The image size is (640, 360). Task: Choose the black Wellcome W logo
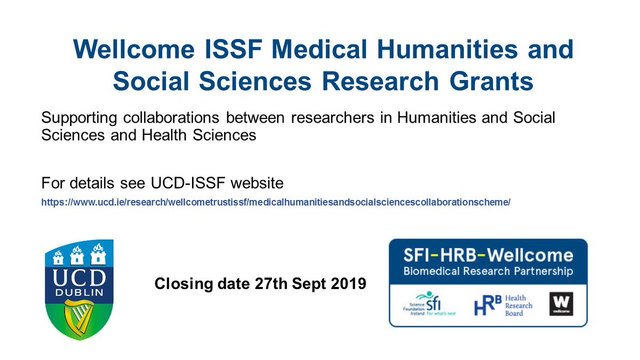tap(561, 304)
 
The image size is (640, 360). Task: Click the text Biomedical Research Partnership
tap(488, 271)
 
